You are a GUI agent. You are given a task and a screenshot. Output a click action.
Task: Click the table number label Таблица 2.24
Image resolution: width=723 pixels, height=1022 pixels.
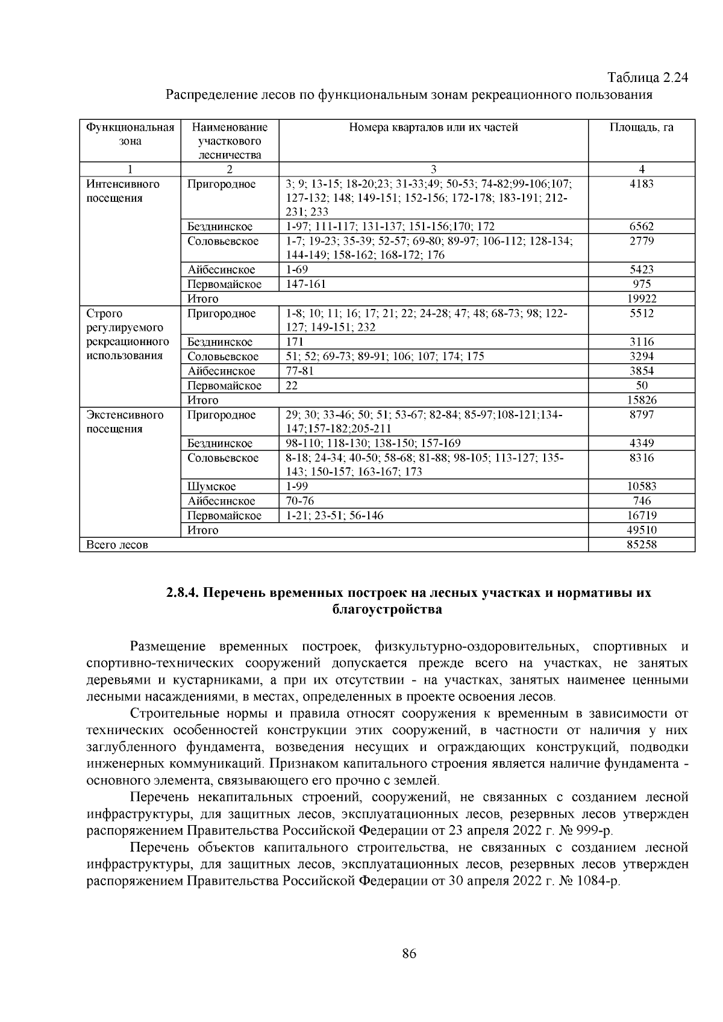[648, 78]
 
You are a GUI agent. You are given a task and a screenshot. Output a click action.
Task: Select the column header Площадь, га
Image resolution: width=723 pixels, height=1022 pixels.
[641, 128]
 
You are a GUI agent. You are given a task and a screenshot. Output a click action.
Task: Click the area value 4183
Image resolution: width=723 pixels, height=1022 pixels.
[641, 184]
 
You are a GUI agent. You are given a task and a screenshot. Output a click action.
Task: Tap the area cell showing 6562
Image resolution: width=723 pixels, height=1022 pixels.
[641, 227]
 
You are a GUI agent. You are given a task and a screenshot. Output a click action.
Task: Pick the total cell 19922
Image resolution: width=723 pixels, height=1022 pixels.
[641, 299]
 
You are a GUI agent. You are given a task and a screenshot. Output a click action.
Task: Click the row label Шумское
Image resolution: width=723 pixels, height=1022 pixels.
[211, 487]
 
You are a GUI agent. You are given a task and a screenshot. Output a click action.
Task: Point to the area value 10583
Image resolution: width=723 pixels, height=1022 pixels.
[641, 487]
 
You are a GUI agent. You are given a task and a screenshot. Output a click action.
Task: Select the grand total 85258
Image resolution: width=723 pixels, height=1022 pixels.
[641, 545]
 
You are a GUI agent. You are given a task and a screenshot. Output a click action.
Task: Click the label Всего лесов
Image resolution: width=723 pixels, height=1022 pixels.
[117, 545]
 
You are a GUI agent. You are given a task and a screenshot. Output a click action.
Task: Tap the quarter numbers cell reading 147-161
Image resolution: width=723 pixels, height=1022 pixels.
[305, 284]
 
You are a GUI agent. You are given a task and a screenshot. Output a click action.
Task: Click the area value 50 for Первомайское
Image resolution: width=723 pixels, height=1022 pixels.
[641, 385]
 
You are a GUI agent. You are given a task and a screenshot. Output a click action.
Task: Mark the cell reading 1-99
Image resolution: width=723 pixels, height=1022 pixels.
[296, 487]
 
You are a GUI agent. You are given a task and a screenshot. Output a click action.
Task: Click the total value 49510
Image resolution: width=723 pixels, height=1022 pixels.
[641, 531]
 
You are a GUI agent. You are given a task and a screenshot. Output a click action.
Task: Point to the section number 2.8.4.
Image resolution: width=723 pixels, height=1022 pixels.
[183, 593]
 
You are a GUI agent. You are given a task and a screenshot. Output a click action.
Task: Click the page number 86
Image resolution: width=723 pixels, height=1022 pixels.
[408, 953]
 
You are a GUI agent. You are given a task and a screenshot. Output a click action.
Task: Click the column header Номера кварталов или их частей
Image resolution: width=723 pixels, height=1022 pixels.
[433, 128]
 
